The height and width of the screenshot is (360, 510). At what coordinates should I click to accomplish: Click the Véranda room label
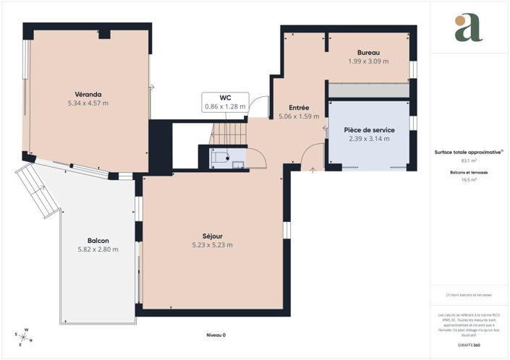(x=88, y=94)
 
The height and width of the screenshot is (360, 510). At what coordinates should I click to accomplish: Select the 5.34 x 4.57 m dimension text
(x=88, y=103)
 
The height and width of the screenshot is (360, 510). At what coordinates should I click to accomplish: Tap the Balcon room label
(x=98, y=241)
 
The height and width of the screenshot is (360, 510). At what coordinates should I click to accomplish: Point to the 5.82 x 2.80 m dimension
(x=98, y=249)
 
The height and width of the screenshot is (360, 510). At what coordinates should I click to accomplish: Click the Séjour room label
(x=213, y=236)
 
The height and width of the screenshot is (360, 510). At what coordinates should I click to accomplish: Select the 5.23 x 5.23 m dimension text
(x=213, y=245)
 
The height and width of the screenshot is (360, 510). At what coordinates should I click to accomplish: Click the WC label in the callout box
(x=225, y=98)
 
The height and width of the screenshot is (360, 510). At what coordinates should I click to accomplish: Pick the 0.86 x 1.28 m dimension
(x=225, y=106)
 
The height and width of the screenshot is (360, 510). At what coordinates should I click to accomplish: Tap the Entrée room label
(x=299, y=107)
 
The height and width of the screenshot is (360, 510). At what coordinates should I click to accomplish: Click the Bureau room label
(x=368, y=53)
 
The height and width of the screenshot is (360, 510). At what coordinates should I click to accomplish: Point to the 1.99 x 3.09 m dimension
(x=368, y=61)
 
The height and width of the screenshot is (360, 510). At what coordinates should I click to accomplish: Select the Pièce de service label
(x=369, y=129)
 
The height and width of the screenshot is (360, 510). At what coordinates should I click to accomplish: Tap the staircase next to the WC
(x=229, y=133)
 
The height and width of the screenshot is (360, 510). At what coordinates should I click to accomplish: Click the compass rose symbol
(x=23, y=336)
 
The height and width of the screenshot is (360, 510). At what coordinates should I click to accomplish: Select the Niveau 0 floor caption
(x=216, y=335)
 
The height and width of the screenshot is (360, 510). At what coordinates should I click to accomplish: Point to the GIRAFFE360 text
(x=468, y=346)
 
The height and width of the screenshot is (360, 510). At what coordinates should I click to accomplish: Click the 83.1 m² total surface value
(x=468, y=161)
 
